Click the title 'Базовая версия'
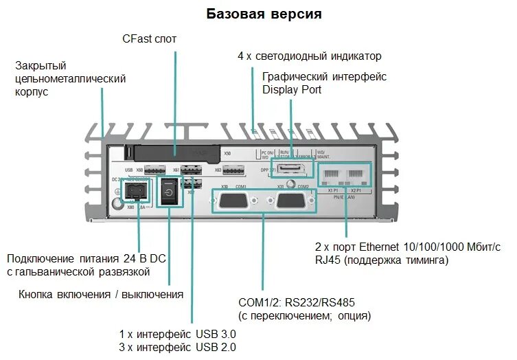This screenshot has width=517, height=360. coord(264,14)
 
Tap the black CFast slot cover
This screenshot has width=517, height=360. coord(174,153)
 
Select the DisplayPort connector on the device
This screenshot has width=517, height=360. coord(293,170)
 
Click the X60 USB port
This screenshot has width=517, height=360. coord(155,170)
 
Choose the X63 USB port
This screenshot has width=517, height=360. coord(233,170)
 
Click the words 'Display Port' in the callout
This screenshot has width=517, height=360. coord(292,90)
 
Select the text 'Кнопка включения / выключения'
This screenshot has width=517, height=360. coord(101,295)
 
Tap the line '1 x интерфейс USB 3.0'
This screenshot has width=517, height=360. coord(178,334)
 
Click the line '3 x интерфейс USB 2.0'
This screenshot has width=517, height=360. coord(178,348)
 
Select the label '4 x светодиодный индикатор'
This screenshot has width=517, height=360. coord(309,56)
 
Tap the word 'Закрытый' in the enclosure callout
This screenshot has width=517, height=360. coord(41,66)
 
